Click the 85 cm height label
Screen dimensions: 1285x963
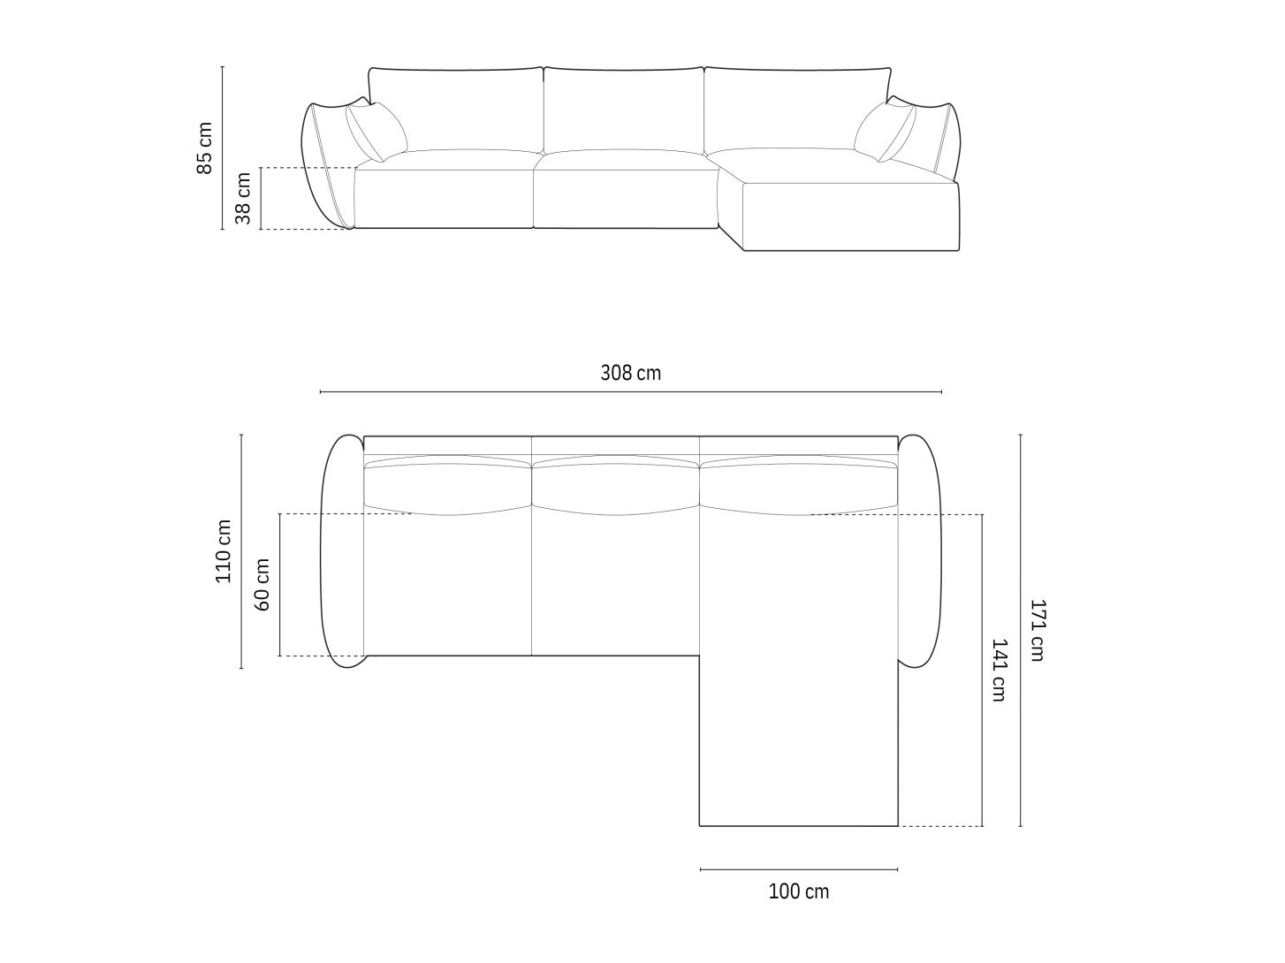point(204,148)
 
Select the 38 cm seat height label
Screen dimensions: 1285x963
point(243,198)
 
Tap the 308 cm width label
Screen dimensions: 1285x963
point(630,373)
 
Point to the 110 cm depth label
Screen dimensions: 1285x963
point(224,551)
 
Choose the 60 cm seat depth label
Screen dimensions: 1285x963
point(262,585)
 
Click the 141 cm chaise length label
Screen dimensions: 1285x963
point(999,670)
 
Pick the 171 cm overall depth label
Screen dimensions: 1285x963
point(1037,630)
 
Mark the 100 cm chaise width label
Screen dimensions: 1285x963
point(799,891)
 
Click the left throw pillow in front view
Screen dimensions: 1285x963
point(376,132)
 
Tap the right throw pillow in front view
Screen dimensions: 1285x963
point(885,133)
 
